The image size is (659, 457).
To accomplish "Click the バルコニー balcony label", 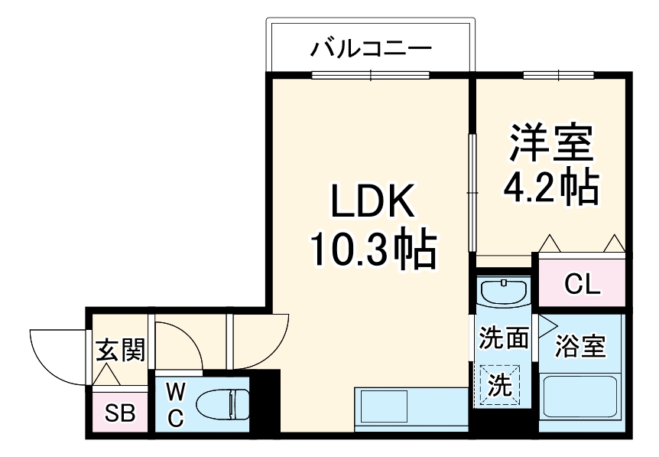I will point(371,50).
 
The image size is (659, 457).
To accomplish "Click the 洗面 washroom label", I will point(503,338).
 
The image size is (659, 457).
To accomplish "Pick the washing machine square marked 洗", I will point(500,384).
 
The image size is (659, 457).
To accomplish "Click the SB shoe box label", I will point(119,413).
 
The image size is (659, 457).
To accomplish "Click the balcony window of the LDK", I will point(371,75).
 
